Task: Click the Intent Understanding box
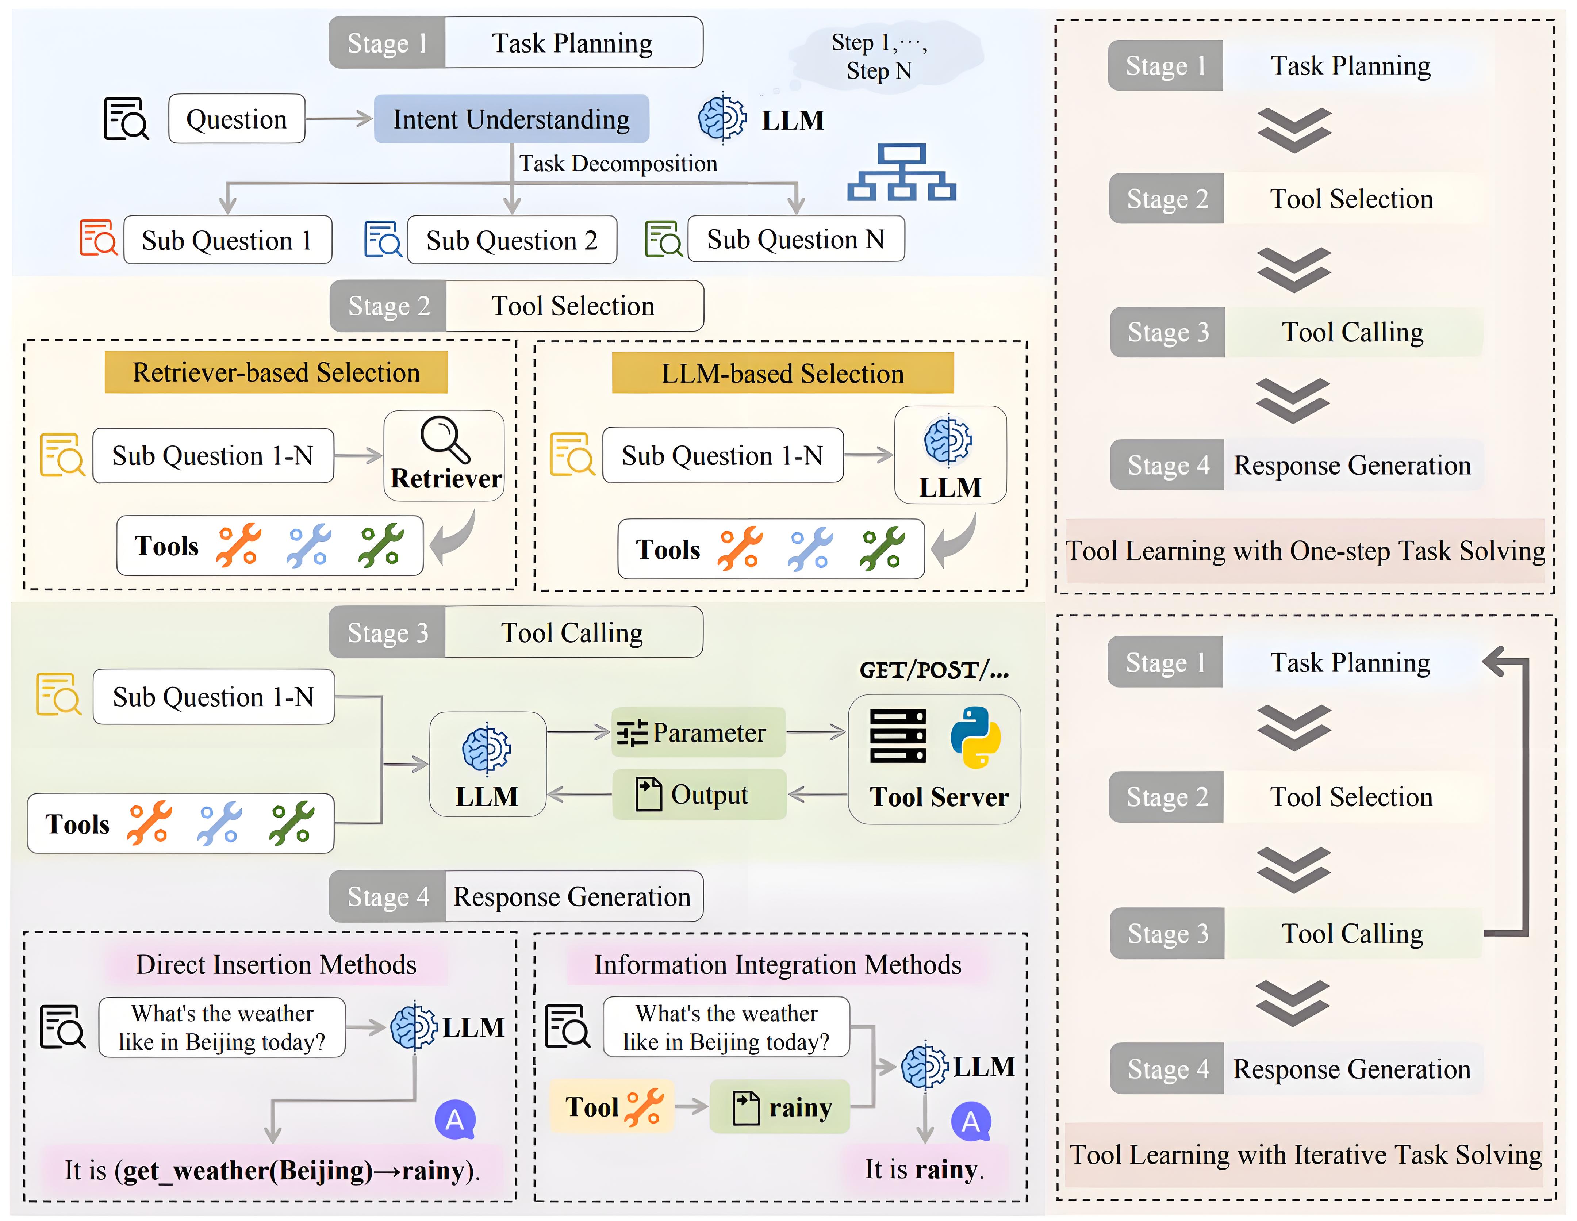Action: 511,119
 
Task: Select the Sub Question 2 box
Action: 512,240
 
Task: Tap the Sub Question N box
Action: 796,239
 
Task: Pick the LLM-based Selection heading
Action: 783,373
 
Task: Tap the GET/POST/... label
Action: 934,670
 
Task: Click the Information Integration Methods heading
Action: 778,965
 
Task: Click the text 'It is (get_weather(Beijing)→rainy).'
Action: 272,1170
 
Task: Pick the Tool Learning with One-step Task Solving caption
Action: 1305,551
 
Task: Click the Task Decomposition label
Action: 618,164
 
